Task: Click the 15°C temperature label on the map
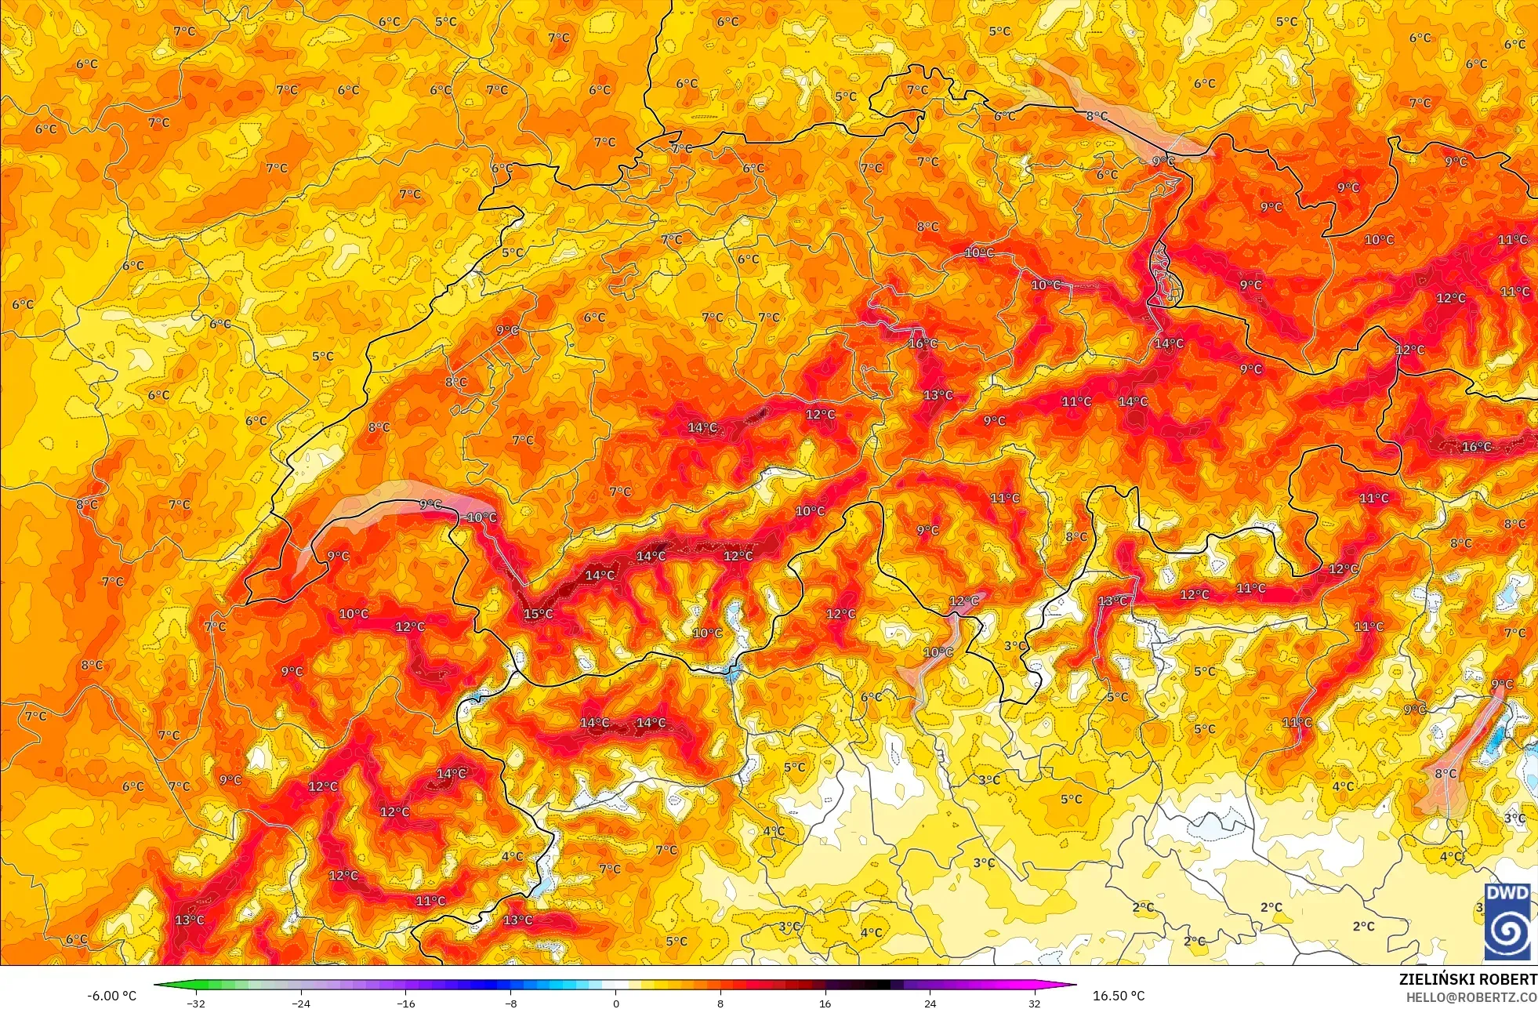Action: click(x=539, y=614)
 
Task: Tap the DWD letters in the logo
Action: click(x=1507, y=893)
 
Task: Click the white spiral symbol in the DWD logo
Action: click(x=1507, y=931)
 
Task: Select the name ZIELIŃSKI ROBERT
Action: click(x=1467, y=979)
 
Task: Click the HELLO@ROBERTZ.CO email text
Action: click(x=1471, y=997)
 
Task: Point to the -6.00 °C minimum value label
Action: click(x=111, y=996)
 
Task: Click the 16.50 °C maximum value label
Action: click(x=1119, y=996)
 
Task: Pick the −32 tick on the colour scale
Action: click(x=196, y=1004)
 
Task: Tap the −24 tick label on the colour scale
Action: click(x=301, y=1004)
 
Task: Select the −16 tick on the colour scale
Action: click(x=405, y=1004)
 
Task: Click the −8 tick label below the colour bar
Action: click(x=510, y=1004)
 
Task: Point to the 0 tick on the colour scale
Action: click(x=615, y=1004)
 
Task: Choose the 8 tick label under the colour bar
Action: click(x=720, y=1004)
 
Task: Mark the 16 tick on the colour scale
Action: click(x=825, y=1004)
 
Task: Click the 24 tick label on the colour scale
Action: click(x=930, y=1004)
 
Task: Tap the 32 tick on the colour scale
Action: click(x=1035, y=1004)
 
